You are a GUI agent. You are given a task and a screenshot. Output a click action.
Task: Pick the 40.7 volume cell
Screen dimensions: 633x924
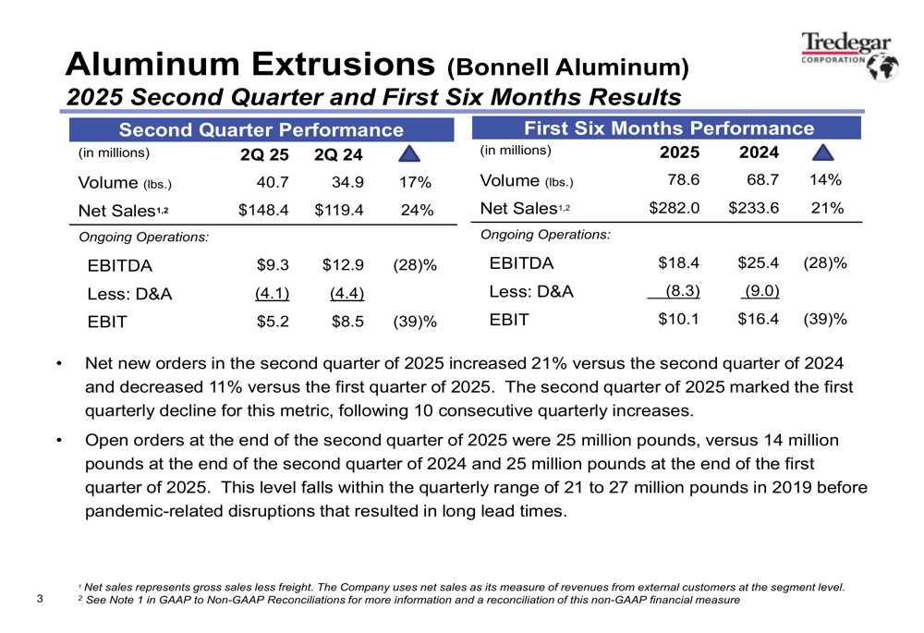[x=273, y=182]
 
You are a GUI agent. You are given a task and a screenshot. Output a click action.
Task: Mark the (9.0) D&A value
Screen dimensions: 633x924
[x=758, y=292]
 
